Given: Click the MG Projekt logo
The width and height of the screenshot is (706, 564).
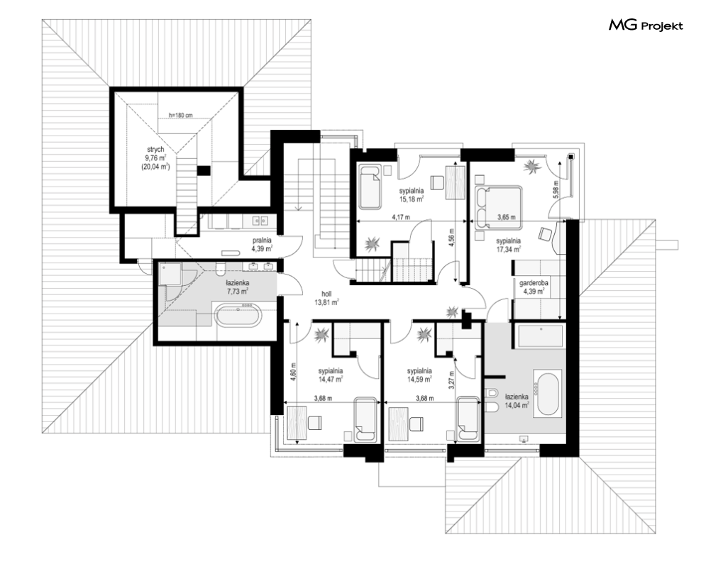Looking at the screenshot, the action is [x=646, y=26].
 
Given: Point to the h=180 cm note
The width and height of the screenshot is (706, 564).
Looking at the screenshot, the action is [x=180, y=115].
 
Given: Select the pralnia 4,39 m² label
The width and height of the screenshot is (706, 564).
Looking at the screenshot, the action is [x=262, y=245].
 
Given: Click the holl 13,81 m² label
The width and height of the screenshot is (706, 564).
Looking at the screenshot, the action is [x=326, y=298].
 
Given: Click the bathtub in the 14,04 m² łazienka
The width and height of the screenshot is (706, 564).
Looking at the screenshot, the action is [x=548, y=393].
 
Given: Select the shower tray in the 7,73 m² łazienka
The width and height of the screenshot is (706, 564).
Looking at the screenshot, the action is [x=170, y=274].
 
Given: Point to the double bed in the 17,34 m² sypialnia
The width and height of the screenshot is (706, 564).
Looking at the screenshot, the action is [x=498, y=206].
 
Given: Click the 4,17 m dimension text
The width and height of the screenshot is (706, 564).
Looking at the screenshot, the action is [x=401, y=217].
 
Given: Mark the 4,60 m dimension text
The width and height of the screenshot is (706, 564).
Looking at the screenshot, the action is [x=294, y=372].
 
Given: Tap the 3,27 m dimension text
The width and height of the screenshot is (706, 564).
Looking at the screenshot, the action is [x=452, y=380].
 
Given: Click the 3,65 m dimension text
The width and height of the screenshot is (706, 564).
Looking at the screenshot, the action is [x=506, y=217].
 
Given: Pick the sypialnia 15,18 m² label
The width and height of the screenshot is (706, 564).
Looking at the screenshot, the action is [x=411, y=194].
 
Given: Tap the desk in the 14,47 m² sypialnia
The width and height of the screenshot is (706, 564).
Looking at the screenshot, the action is [x=297, y=422].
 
